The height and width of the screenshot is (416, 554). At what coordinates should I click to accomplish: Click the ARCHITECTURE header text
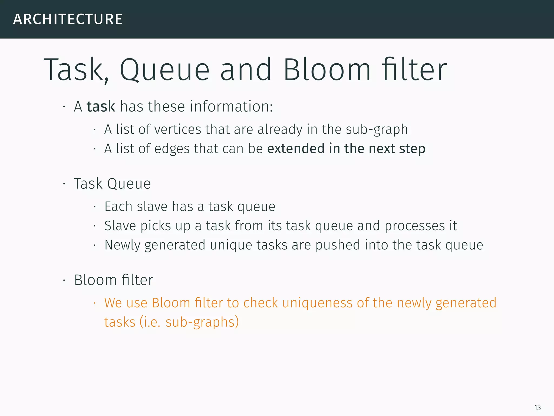coord(68,19)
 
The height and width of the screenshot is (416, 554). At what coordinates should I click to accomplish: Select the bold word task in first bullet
coord(101,106)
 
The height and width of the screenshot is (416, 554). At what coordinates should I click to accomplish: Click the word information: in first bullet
coord(231,106)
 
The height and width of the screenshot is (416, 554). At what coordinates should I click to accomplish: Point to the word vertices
coord(177,129)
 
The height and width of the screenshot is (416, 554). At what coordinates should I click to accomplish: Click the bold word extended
coord(296,149)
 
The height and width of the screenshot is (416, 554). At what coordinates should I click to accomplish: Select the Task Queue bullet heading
coord(112,184)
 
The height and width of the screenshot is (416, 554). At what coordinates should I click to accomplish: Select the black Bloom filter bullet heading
coord(114,280)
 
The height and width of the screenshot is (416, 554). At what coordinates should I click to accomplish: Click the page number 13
coord(537,408)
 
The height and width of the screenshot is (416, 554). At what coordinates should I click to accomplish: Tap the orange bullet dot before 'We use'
coord(95,303)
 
